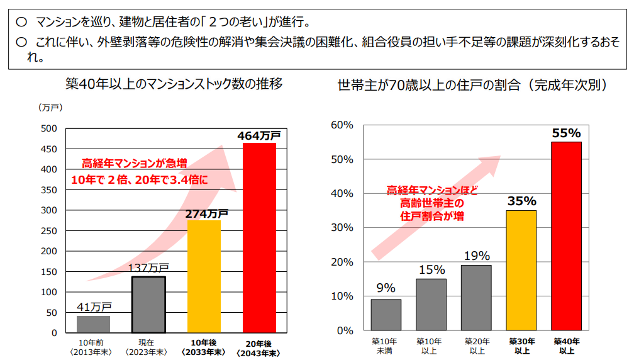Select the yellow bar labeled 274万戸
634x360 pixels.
point(204,276)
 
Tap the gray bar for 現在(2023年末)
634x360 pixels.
point(148,304)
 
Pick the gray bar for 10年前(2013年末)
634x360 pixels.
point(93,323)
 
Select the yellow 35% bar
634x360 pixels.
point(521,270)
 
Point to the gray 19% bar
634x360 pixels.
point(476,297)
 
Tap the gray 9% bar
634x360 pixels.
point(386,314)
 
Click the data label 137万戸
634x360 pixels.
point(148,267)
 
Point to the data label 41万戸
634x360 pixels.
point(94,307)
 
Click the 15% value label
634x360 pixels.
point(431,269)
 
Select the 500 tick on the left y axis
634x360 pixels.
point(48,128)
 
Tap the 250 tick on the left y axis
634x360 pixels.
point(48,230)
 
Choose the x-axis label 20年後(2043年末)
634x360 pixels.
point(259,348)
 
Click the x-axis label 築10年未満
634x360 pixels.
point(386,344)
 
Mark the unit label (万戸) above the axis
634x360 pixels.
point(50,108)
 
